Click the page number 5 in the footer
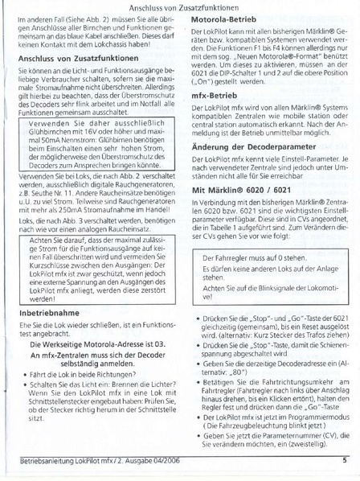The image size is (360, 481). click(344, 461)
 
